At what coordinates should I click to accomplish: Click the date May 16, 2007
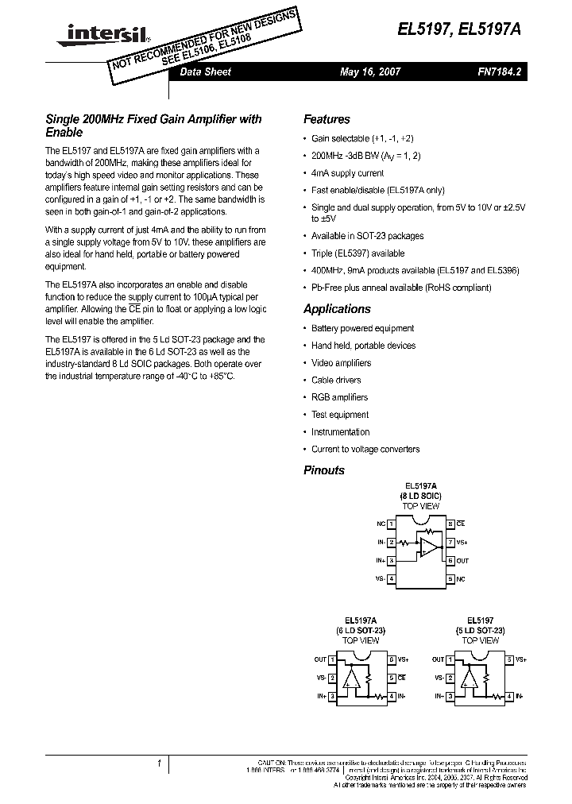coord(369,72)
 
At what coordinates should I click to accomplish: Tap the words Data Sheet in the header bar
coord(206,72)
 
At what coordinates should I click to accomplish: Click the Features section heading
coord(327,119)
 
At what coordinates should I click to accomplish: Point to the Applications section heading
coord(337,309)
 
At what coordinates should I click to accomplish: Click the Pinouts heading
coord(324,470)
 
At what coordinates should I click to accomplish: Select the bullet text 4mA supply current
coord(347,172)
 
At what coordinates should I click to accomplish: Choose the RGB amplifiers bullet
coord(339,397)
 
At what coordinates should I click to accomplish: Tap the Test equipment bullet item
coord(340,415)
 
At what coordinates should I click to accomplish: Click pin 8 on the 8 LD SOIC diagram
coord(450,524)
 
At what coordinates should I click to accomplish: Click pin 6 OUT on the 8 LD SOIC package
coord(450,561)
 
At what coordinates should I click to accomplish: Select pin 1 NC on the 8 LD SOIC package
coord(391,524)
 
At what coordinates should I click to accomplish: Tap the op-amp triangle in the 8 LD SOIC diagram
coord(429,547)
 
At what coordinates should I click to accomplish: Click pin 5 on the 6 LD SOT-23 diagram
coord(391,678)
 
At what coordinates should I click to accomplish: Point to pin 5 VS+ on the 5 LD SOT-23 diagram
coord(508,659)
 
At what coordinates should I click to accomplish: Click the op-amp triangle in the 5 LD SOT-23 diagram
coord(471,678)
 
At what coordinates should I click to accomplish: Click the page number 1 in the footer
coord(159,763)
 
